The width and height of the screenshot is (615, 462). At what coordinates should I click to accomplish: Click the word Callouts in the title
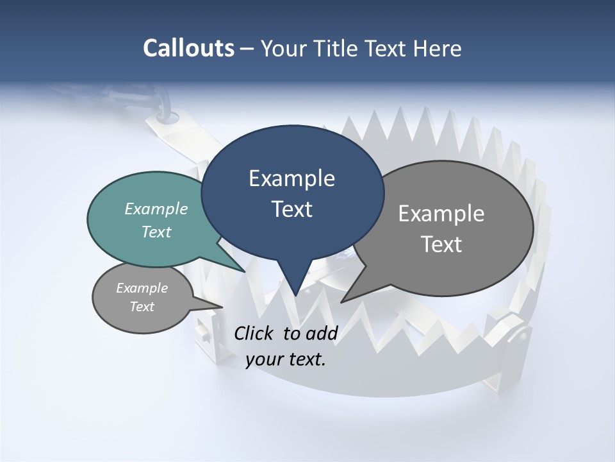[x=188, y=48]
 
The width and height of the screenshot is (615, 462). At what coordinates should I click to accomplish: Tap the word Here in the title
[x=439, y=48]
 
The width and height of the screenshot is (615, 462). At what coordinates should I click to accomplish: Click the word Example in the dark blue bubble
[x=291, y=178]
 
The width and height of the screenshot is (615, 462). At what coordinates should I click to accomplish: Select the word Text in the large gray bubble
[x=441, y=244]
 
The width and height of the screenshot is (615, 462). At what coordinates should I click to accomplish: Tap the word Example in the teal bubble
[x=156, y=209]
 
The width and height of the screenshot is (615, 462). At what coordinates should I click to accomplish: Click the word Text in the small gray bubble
[x=142, y=307]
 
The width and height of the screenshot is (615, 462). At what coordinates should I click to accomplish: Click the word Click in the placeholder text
[x=254, y=333]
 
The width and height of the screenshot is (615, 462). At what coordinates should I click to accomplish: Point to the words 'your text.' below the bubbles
[x=286, y=359]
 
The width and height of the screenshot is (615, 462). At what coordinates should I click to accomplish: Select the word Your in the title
[x=284, y=48]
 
